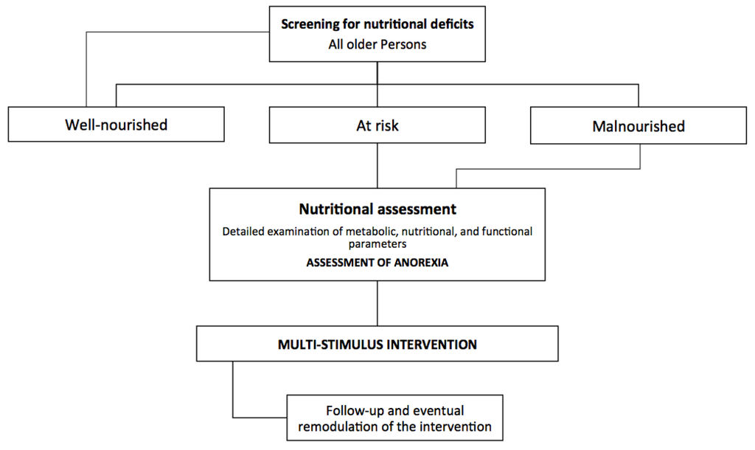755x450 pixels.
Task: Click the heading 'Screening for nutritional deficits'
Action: (377, 24)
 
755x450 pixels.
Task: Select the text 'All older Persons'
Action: (377, 44)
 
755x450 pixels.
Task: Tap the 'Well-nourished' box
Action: (116, 125)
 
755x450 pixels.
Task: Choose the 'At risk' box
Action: (377, 125)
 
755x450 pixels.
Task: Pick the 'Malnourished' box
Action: (639, 126)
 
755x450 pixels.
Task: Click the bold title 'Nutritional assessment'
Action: (377, 209)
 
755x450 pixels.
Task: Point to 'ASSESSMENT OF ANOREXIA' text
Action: (377, 261)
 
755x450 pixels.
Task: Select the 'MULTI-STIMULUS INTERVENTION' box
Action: (377, 345)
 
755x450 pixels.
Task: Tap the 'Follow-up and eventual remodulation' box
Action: (394, 418)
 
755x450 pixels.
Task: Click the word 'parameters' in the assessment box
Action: (377, 243)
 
